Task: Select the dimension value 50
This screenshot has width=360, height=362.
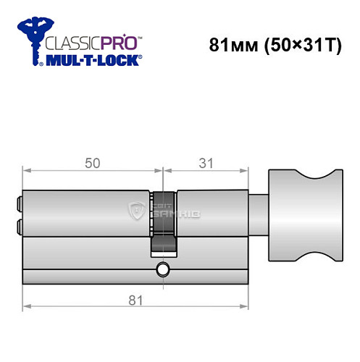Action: pyautogui.click(x=93, y=164)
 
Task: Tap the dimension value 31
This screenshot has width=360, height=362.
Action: pyautogui.click(x=206, y=164)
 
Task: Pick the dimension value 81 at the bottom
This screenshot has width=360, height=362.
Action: pyautogui.click(x=135, y=299)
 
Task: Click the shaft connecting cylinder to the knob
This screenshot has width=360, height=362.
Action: pyautogui.click(x=259, y=214)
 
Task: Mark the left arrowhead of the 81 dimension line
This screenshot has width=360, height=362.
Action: pyautogui.click(x=27, y=308)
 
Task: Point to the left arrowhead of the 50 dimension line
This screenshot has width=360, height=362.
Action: pyautogui.click(x=27, y=172)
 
